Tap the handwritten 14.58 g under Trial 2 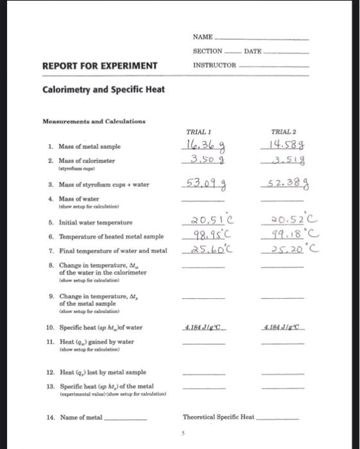tap(286, 146)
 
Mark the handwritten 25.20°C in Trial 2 tap(287, 249)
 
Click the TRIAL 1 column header tap(199, 131)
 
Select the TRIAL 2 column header tap(282, 131)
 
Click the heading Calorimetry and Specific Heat tap(103, 89)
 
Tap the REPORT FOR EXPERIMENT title tap(99, 65)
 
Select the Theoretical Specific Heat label tap(219, 418)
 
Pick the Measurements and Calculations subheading tap(94, 121)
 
